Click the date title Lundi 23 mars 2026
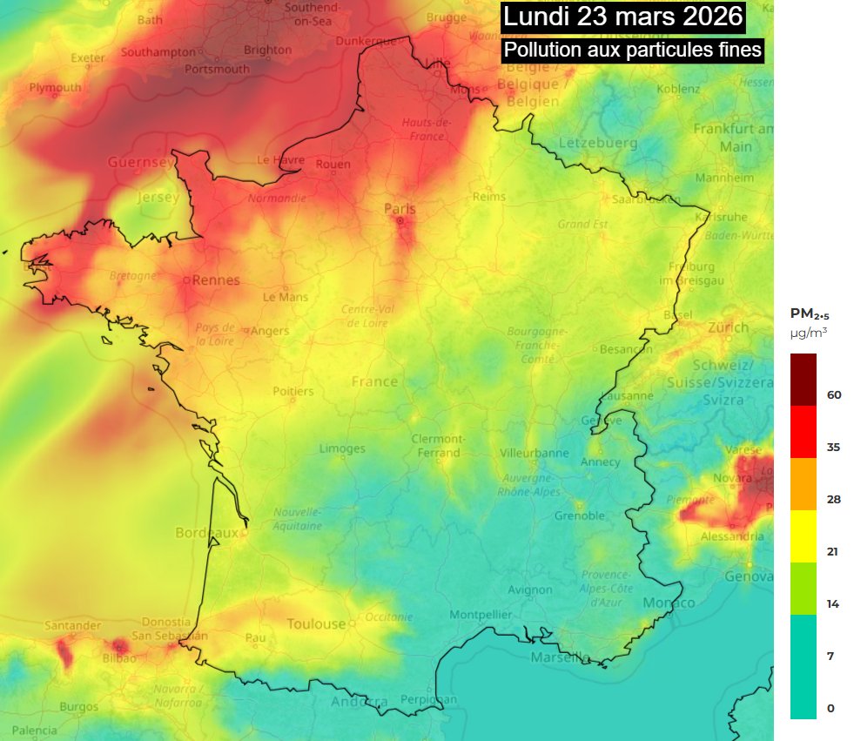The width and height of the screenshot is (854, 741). [x=623, y=17]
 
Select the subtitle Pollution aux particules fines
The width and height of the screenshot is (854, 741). [x=633, y=50]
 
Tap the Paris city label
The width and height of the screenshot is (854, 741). [x=400, y=209]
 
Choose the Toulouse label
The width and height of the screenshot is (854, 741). [x=316, y=623]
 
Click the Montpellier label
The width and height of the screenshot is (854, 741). [x=481, y=615]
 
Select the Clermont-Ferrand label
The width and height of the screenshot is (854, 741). [x=438, y=445]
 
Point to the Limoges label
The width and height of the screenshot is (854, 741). [x=342, y=448]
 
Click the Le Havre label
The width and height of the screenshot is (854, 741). [x=281, y=160]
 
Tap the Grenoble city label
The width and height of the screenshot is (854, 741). [x=580, y=515]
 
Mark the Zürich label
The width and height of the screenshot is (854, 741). [x=728, y=327]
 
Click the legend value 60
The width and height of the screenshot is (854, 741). [x=834, y=394]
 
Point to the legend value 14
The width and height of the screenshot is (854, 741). [x=833, y=603]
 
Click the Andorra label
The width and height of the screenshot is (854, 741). [x=360, y=702]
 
